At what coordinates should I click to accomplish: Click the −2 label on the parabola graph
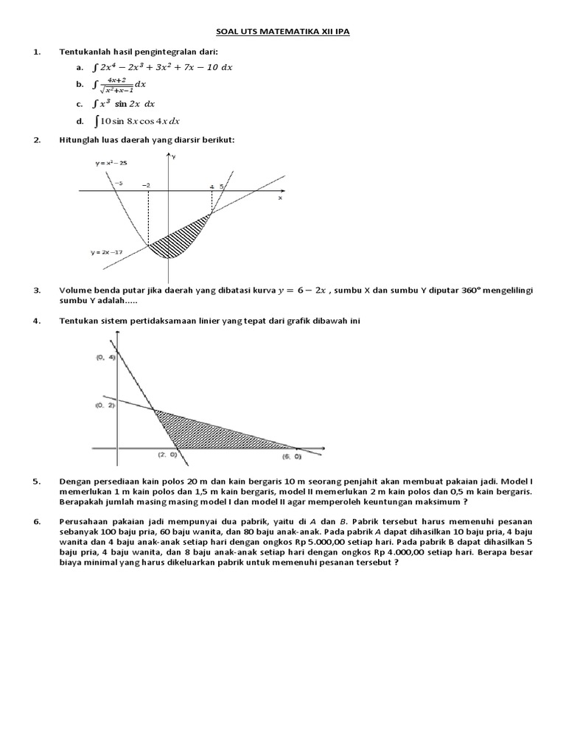pyautogui.click(x=147, y=186)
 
